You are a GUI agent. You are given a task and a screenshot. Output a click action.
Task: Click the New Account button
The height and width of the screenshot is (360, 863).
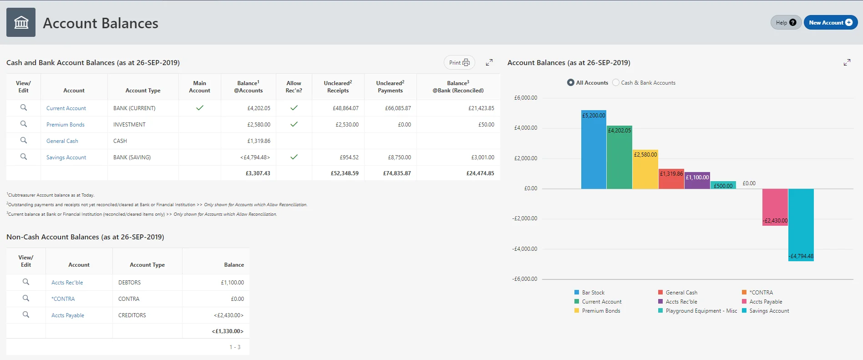point(830,23)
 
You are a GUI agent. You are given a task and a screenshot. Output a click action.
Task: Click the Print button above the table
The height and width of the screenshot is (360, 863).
point(459,63)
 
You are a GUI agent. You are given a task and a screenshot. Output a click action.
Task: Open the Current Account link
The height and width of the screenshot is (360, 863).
point(66,108)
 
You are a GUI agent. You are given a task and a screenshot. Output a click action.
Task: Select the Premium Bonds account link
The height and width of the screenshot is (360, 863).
point(65,125)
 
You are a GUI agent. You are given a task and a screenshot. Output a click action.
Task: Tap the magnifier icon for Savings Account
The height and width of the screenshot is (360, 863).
point(24,157)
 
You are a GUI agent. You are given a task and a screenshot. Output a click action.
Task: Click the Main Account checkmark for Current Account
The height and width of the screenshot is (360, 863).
point(199,108)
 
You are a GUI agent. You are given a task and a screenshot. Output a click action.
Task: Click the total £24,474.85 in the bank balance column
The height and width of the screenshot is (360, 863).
point(480,173)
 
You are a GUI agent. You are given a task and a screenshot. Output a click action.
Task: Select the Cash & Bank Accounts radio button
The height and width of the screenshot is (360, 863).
point(616,83)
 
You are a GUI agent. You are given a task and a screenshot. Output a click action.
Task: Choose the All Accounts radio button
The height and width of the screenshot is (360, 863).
point(571,83)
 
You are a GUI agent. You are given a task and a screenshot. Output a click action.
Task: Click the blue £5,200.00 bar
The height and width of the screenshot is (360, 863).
point(594,150)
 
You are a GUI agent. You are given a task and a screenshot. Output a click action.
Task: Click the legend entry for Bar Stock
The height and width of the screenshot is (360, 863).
point(593,293)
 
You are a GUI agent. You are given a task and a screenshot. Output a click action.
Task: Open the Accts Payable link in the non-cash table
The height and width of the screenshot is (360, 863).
point(68,315)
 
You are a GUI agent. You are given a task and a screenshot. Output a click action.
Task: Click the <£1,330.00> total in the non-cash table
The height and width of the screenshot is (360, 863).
point(228,331)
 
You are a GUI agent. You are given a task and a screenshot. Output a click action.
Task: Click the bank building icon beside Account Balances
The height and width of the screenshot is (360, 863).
point(21,22)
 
